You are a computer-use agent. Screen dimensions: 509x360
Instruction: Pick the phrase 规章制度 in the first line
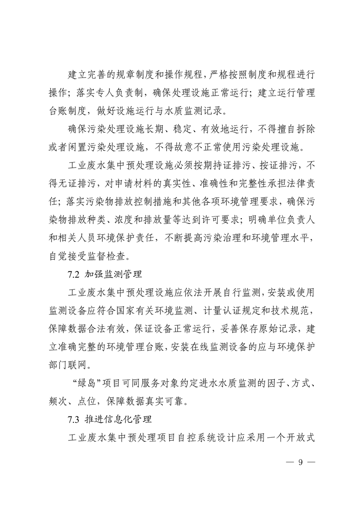point(136,73)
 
